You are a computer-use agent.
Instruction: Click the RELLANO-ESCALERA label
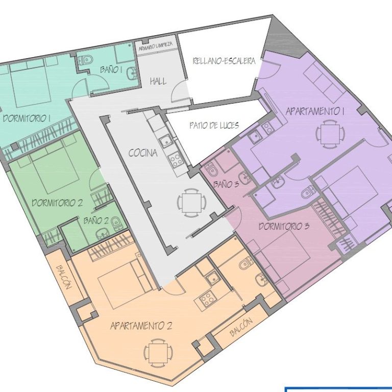[224, 61]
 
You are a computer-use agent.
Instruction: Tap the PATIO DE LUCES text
[214, 125]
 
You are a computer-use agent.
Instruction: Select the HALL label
[158, 81]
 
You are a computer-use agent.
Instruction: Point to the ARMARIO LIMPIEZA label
[156, 46]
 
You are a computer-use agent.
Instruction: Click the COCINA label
[143, 153]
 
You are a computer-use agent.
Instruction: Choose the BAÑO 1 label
[111, 69]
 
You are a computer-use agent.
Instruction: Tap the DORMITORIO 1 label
[27, 118]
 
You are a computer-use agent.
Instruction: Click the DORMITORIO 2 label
[57, 203]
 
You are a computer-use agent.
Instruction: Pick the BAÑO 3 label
[226, 184]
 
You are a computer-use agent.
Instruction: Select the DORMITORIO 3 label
[284, 227]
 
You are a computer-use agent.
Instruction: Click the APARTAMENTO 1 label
[315, 111]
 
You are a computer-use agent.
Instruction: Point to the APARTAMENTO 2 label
[141, 326]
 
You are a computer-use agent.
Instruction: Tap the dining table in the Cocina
[192, 202]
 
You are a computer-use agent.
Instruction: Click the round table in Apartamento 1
[330, 134]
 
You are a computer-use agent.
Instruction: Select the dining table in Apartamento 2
[158, 353]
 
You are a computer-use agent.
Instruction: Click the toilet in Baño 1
[85, 60]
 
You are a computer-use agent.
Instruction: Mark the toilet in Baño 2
[116, 224]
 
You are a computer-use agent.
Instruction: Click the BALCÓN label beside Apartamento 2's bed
[64, 277]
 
